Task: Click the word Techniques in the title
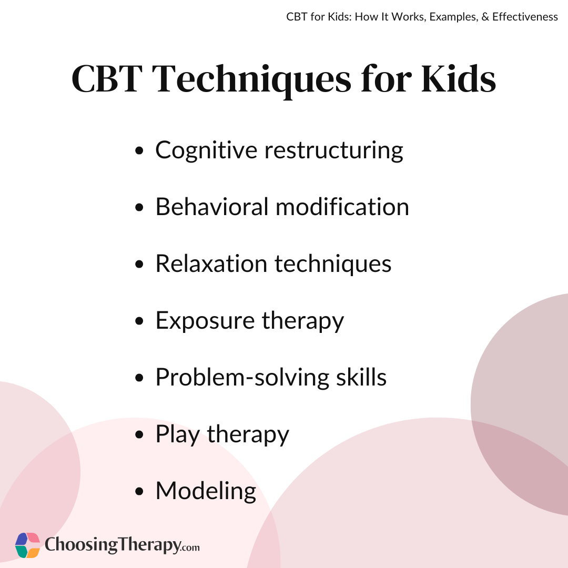251,80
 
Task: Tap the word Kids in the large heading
458,78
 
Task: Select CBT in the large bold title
107,78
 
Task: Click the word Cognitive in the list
206,150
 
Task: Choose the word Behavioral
212,207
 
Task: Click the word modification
342,207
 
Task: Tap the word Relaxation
211,263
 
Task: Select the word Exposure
205,321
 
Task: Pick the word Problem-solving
242,378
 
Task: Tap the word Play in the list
178,435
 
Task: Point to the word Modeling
206,492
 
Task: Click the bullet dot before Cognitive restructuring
139,151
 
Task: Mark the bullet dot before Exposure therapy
139,321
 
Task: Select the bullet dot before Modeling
139,491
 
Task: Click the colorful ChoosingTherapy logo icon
27,545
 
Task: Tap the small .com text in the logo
190,547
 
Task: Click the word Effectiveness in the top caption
525,17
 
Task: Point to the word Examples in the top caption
453,17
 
